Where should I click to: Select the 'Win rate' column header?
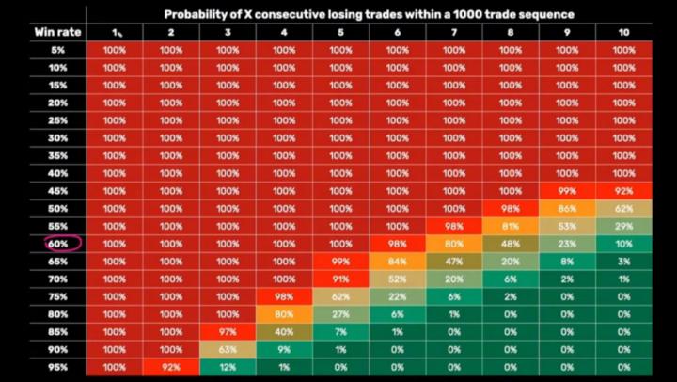pos(58,32)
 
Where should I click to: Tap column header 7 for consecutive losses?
pos(454,32)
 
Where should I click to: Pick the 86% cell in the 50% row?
pos(567,209)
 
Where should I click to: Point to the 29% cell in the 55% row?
pos(624,227)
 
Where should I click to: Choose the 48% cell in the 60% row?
pos(511,244)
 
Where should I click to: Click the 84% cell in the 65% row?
pos(397,262)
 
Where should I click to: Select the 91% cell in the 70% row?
pos(340,279)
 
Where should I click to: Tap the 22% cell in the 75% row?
pos(397,297)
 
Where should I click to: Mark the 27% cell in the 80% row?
pos(340,314)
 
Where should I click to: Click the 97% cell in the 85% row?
pos(228,332)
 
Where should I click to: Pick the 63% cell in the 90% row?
pos(228,350)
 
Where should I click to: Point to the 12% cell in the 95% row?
pos(228,368)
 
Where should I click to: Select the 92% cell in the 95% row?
pos(171,368)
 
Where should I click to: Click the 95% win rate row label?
pos(58,368)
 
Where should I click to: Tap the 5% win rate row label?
pos(58,50)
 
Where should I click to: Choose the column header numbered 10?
pos(624,32)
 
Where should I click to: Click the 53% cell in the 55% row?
pos(567,227)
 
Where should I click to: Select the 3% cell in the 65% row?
pos(624,262)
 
